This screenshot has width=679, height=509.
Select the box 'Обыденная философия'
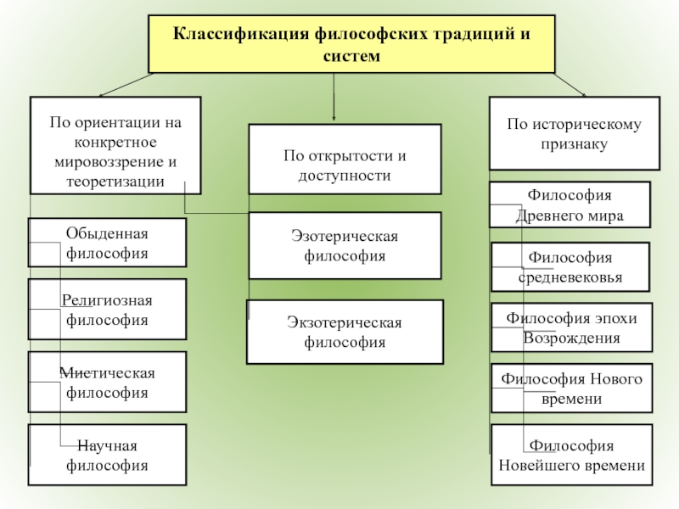tap(107, 243)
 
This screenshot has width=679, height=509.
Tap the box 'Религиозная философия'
tap(107, 310)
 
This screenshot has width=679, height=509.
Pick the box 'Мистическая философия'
tap(107, 383)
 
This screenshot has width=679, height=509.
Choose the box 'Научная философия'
tap(107, 456)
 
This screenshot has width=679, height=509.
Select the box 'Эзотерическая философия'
tap(345, 245)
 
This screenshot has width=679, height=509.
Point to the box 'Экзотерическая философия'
tap(345, 332)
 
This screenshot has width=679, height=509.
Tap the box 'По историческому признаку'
tap(575, 133)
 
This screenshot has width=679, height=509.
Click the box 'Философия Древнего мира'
tap(570, 204)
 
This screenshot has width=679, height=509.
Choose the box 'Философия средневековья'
tap(570, 266)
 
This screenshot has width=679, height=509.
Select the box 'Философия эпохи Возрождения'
tap(572, 327)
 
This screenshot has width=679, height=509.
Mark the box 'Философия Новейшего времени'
tap(572, 456)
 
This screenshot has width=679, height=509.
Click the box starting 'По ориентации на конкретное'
tap(115, 145)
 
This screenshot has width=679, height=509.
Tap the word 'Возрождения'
tap(572, 338)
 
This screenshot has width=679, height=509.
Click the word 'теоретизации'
tap(115, 182)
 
